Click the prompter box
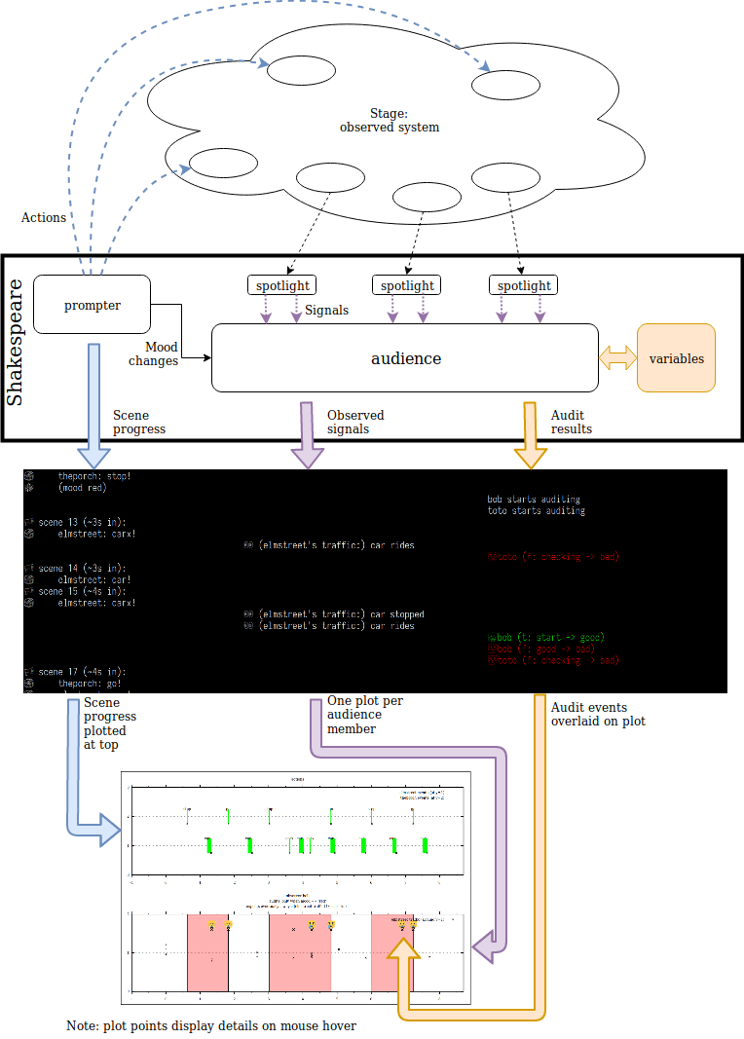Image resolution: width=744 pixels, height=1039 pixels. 93,305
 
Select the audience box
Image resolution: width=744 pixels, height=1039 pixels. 405,358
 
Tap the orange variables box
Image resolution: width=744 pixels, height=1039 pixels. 676,358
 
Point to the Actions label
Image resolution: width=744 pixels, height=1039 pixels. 44,217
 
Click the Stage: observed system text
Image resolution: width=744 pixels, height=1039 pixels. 389,121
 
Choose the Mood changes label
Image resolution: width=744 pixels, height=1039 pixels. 155,353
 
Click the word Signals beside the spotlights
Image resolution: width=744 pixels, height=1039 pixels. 326,311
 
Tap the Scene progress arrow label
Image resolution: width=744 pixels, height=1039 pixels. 139,422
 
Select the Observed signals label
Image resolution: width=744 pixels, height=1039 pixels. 355,422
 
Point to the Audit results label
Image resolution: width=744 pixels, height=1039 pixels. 572,422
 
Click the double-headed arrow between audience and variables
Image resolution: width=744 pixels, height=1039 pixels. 617,358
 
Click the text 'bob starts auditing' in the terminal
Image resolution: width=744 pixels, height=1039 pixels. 536,499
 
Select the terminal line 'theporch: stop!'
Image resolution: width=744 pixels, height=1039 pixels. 93,476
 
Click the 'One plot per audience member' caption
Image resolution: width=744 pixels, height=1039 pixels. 364,714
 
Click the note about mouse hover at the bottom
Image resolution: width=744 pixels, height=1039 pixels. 211,1026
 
